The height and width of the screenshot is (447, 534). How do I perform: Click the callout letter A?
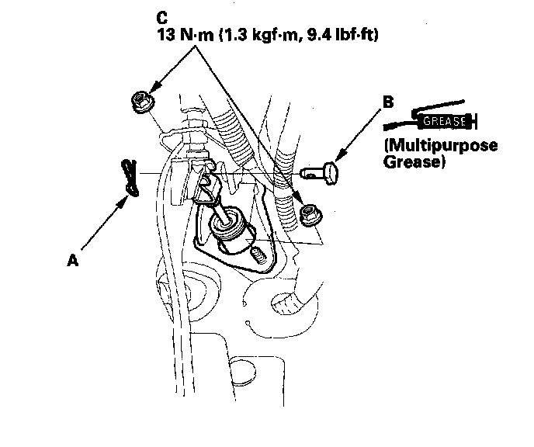[73, 262]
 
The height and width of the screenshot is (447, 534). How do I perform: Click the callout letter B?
[388, 100]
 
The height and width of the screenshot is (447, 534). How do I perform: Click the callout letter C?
[161, 16]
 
